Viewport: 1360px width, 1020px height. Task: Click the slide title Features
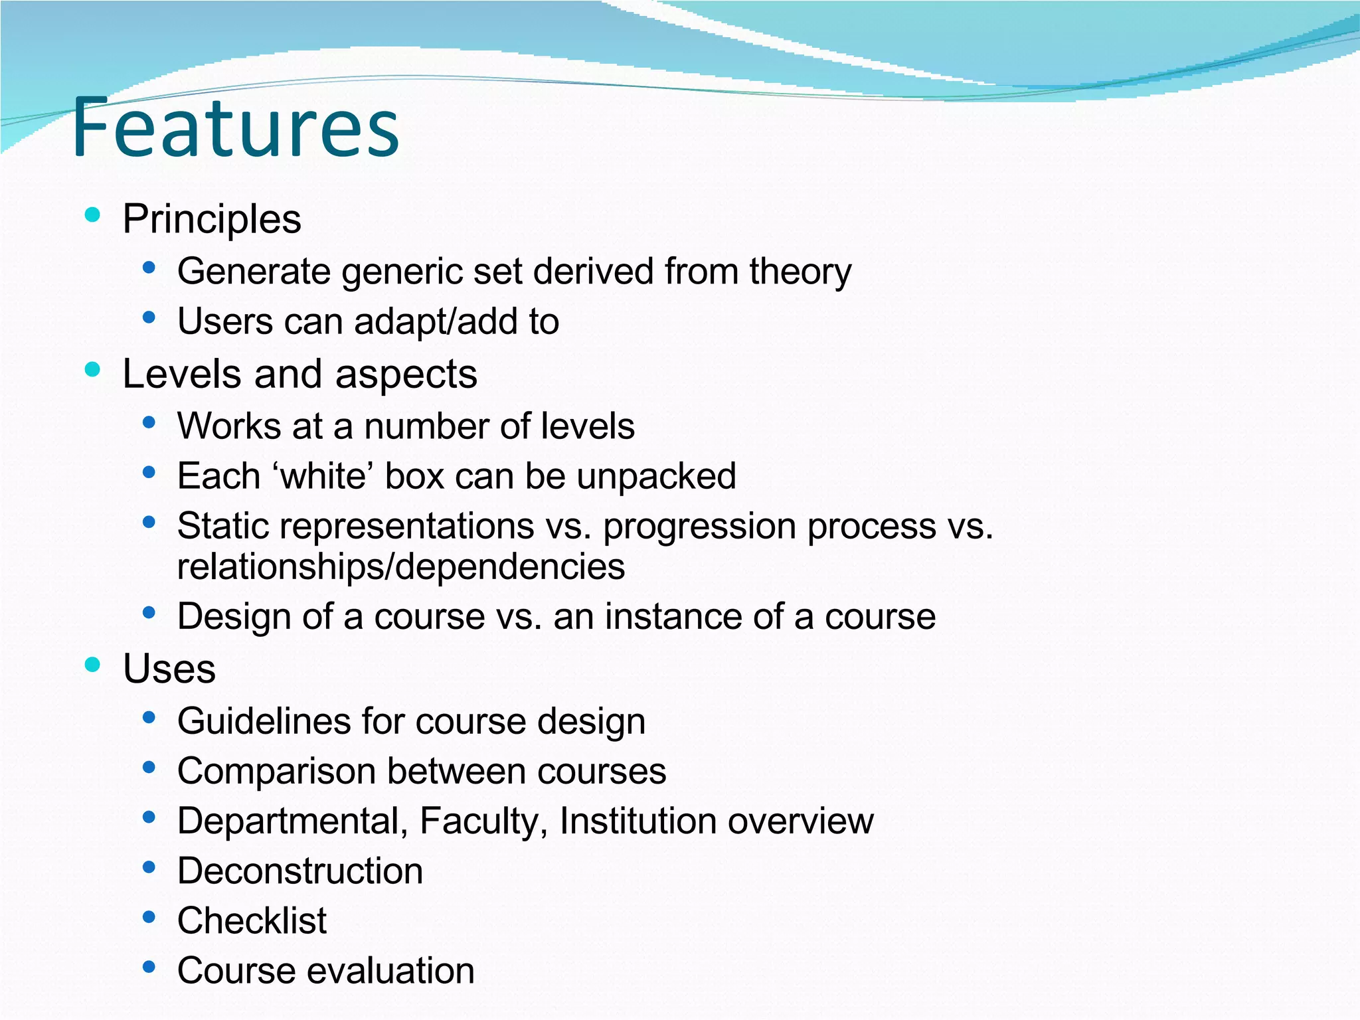[x=236, y=127]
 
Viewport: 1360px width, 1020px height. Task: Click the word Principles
[x=212, y=219]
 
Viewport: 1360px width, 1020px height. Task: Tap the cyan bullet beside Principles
[x=93, y=214]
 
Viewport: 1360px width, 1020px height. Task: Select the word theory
[x=800, y=272]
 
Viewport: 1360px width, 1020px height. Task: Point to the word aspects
[x=406, y=374]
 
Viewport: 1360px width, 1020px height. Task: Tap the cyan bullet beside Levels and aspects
[x=93, y=369]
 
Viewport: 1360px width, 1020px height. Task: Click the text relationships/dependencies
[x=401, y=566]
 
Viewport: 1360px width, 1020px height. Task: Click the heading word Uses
[x=169, y=668]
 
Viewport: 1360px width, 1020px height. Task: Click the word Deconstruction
[x=300, y=871]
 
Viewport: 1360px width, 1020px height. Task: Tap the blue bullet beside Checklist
[x=149, y=917]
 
